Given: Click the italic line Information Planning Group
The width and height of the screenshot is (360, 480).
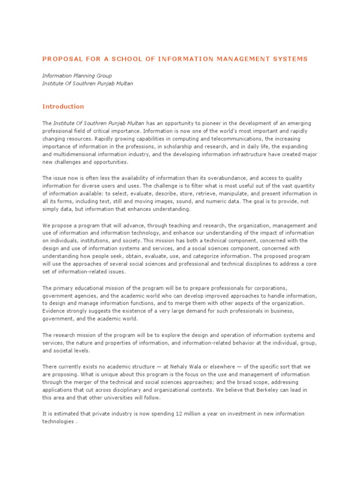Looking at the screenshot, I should [77, 75].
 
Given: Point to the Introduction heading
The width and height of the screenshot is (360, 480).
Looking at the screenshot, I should [63, 106].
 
